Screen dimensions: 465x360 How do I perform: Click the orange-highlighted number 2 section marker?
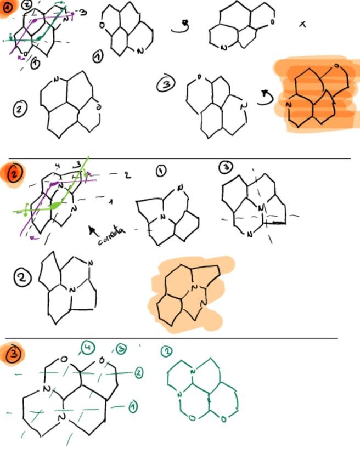click(x=15, y=173)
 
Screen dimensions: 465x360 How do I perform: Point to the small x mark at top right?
click(x=302, y=24)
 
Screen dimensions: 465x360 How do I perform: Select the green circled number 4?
click(x=87, y=347)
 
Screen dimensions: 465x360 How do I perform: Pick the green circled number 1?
click(x=132, y=406)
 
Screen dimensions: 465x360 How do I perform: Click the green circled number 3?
click(x=121, y=349)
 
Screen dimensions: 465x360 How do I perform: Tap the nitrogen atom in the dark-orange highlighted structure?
click(x=289, y=104)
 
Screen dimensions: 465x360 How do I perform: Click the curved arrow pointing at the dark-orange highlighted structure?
click(x=266, y=98)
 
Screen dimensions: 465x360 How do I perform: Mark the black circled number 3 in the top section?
click(x=166, y=84)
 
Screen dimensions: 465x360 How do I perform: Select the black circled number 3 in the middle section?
click(x=226, y=167)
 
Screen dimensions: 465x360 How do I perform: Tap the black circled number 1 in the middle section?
click(x=160, y=171)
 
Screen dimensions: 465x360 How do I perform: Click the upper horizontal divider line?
click(x=181, y=158)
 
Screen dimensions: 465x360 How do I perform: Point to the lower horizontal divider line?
click(x=170, y=339)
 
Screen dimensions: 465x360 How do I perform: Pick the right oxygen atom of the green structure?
click(x=223, y=419)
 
